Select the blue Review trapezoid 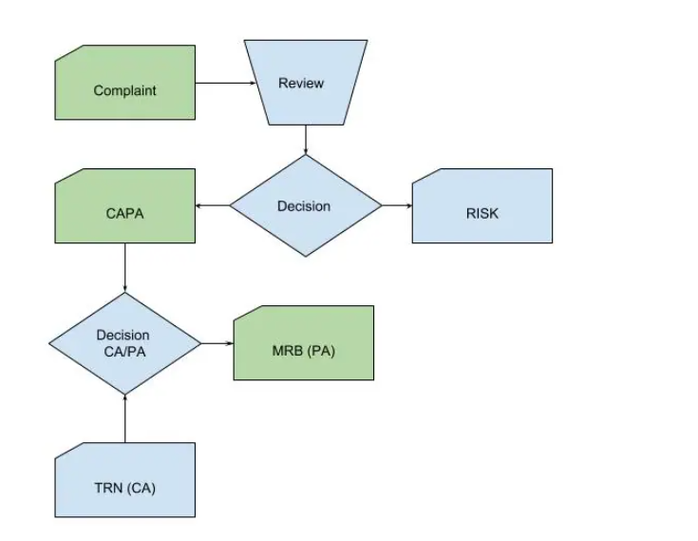305,83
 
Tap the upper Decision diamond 305,205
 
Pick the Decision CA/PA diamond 124,343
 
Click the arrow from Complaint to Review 226,83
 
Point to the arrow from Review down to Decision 305,140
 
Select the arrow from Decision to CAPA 213,205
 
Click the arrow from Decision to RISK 396,205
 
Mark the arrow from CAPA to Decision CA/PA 124,267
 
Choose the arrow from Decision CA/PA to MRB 217,343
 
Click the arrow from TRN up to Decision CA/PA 124,418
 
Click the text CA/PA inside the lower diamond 123,351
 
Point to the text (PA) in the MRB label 319,351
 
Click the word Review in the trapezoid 301,84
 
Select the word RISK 481,214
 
